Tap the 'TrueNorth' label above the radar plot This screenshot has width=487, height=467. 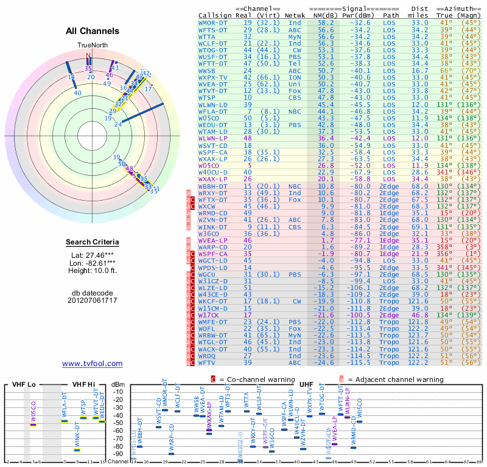coord(91,46)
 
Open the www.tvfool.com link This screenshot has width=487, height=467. coord(92,364)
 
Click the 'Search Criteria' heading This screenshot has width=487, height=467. coord(92,243)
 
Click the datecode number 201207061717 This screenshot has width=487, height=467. coord(92,300)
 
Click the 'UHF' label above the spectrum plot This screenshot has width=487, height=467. coord(307,384)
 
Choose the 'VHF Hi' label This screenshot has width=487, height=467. coord(83,384)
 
